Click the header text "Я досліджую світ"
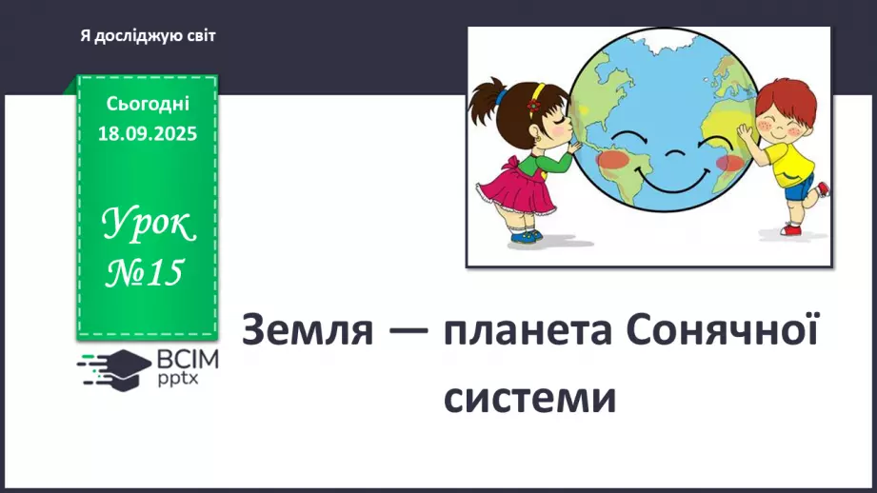coord(149,36)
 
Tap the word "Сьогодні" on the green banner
coord(148,103)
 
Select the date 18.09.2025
coord(148,133)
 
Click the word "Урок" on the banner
coord(149,226)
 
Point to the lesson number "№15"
coord(145,274)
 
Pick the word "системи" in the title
coord(530,397)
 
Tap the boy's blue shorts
coord(798,187)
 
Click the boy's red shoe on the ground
coord(791,229)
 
